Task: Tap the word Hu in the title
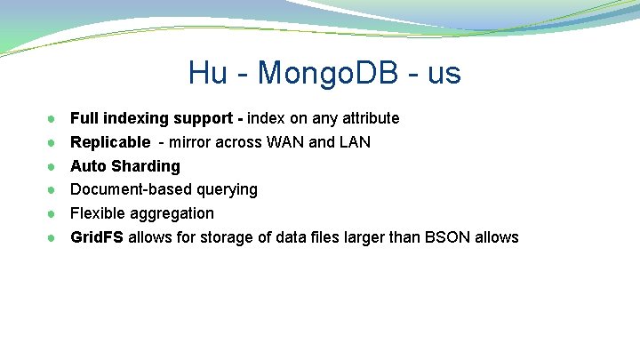pyautogui.click(x=208, y=73)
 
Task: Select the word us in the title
pyautogui.click(x=444, y=73)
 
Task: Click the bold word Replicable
pyautogui.click(x=110, y=142)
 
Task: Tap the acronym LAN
pyautogui.click(x=355, y=142)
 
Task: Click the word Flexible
pyautogui.click(x=98, y=213)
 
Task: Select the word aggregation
pyautogui.click(x=172, y=213)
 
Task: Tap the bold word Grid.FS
pyautogui.click(x=97, y=237)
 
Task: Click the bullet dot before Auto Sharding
pyautogui.click(x=53, y=166)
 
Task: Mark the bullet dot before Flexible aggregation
pyautogui.click(x=53, y=213)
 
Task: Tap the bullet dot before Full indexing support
pyautogui.click(x=53, y=118)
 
